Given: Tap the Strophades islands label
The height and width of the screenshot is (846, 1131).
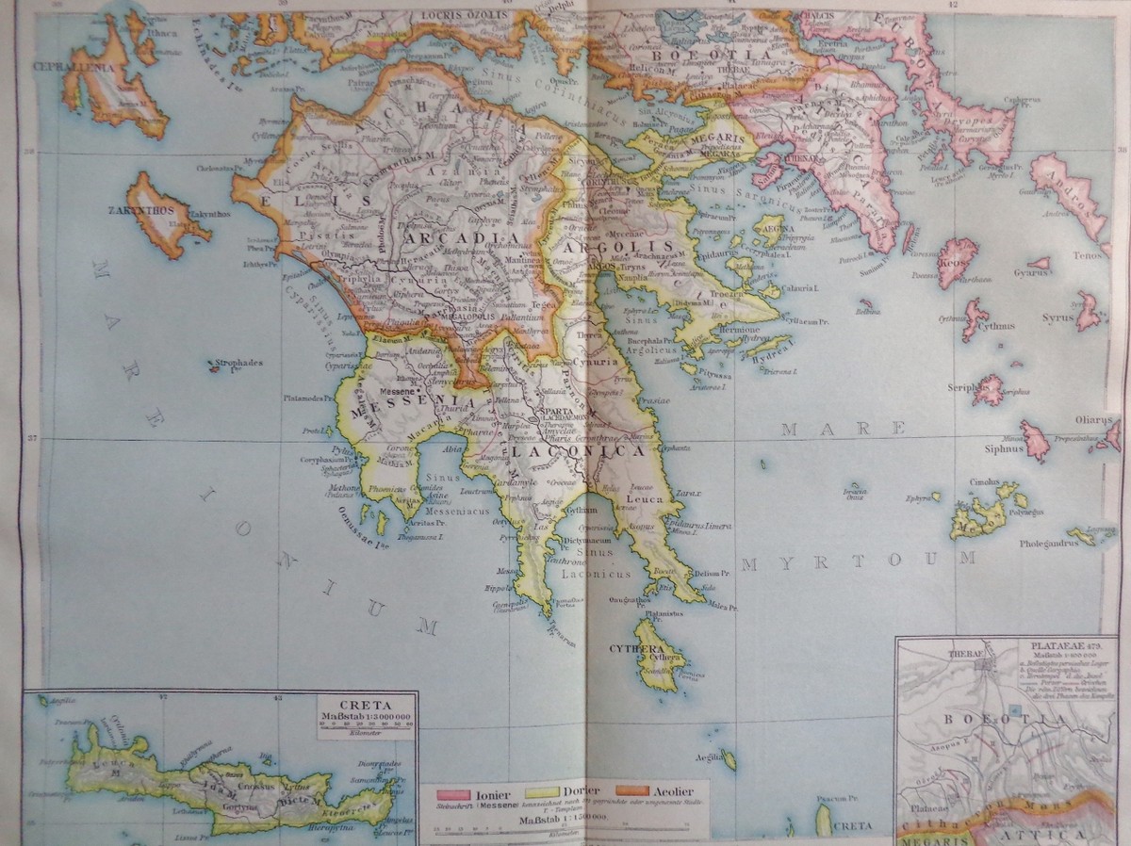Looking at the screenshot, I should [238, 362].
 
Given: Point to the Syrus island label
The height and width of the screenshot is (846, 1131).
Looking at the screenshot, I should [1057, 318].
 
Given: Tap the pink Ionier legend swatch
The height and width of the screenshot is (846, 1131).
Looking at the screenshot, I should [454, 794].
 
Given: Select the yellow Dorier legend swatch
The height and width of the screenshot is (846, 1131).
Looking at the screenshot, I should [544, 793].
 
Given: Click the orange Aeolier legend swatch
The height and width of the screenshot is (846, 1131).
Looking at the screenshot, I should [632, 793].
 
